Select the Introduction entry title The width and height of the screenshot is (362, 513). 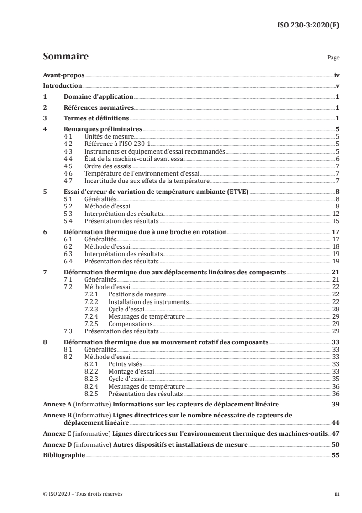point(63,86)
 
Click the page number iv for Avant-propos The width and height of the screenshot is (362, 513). point(336,76)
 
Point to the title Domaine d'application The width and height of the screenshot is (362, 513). point(99,96)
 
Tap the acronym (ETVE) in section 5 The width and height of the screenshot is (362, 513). point(236,192)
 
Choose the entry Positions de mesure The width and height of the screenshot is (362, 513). point(137,294)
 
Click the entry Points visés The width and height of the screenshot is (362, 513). point(125,364)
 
